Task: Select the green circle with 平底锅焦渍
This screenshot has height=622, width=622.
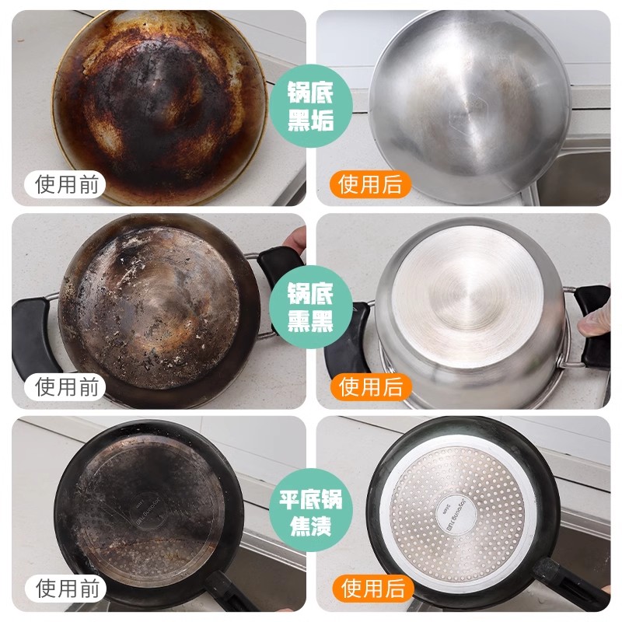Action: pos(310,512)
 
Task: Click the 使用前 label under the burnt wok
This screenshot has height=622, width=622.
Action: pos(67,184)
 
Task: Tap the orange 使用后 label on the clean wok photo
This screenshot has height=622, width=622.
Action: pos(370,184)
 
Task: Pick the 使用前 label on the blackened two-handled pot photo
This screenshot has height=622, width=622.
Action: pos(67,386)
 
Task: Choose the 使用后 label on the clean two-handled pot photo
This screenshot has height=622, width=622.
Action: pos(370,386)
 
